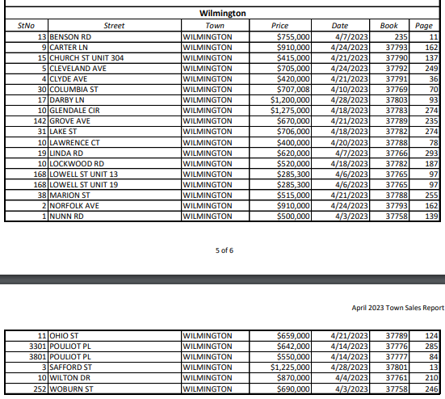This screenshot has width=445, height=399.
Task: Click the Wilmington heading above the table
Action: pos(223,14)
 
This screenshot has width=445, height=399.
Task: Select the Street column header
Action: pos(115,26)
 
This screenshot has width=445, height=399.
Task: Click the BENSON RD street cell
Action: pos(71,37)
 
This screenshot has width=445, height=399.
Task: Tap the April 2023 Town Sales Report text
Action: pos(398,308)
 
